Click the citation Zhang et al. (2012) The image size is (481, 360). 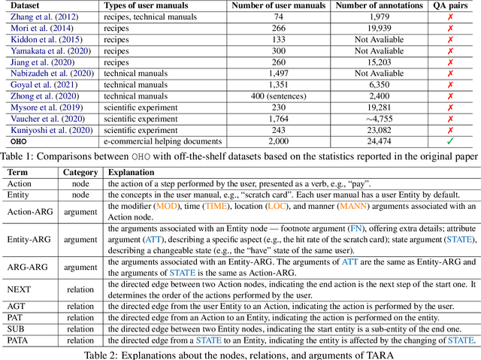tap(42, 17)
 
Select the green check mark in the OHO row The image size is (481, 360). tap(450, 141)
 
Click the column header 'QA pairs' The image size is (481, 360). tap(450, 6)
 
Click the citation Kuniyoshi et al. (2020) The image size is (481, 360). tap(49, 129)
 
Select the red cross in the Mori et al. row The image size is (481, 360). tap(450, 29)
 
